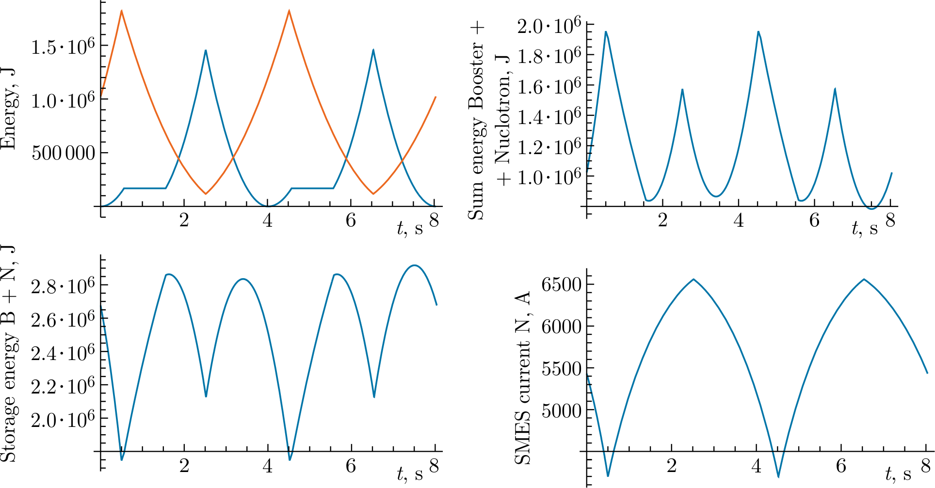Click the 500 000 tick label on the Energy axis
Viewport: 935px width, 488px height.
(63, 153)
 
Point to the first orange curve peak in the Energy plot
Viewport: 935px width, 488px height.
(122, 11)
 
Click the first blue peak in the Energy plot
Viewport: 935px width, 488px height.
(206, 50)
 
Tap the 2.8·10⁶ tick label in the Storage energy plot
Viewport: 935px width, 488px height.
(63, 286)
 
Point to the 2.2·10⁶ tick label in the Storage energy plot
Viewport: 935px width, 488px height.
(63, 387)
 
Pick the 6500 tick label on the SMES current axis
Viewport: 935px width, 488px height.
(561, 284)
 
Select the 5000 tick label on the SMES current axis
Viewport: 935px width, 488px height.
(561, 411)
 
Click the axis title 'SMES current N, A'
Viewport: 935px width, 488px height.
(522, 378)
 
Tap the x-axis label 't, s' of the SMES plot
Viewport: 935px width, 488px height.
(898, 473)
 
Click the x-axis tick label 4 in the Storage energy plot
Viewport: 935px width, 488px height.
(267, 466)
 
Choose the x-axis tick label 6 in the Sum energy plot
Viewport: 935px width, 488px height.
(814, 220)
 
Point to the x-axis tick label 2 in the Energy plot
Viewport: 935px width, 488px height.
(184, 220)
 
